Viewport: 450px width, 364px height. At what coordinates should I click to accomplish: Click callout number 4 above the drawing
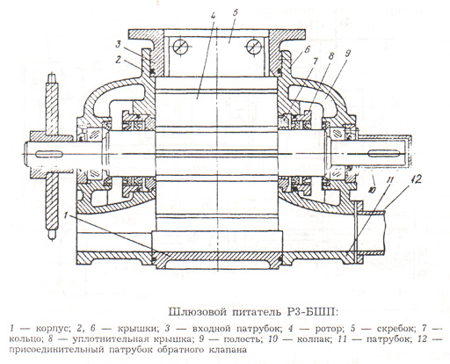click(x=214, y=16)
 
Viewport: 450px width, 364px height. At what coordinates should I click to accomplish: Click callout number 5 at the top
click(x=236, y=12)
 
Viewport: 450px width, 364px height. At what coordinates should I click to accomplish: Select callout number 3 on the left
click(x=118, y=45)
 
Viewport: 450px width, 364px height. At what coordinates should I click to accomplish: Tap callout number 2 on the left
click(x=118, y=60)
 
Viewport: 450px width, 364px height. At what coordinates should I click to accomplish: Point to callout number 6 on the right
click(x=306, y=49)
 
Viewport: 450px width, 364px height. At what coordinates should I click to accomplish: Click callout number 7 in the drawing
click(x=316, y=62)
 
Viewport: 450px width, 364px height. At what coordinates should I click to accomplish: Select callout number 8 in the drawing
click(x=331, y=56)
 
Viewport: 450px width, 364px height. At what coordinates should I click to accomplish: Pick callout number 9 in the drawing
click(x=348, y=54)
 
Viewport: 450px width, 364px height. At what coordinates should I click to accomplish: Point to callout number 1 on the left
click(x=67, y=216)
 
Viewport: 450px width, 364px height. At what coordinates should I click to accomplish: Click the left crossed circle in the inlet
click(x=180, y=47)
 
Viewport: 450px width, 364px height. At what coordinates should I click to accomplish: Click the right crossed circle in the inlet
click(x=253, y=47)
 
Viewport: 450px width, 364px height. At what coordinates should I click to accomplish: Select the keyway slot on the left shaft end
click(x=48, y=154)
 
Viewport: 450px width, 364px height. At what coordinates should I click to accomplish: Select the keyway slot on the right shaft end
click(x=383, y=153)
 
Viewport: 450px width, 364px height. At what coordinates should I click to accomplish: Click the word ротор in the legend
click(x=329, y=329)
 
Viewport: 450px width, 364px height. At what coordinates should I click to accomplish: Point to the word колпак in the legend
click(x=313, y=339)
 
